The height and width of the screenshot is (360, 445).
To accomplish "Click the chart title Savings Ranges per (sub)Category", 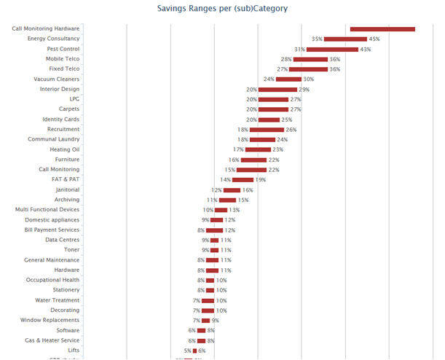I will point(222,9).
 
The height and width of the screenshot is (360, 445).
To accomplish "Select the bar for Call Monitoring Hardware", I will point(382,29).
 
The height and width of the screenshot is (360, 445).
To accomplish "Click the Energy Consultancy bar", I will point(345,39).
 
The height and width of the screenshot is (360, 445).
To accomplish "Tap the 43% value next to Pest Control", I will point(366,49).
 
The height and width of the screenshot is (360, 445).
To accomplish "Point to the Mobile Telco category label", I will point(63,59).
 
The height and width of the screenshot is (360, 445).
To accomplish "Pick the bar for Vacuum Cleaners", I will point(288,79).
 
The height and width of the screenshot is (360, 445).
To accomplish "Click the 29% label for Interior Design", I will point(304,89).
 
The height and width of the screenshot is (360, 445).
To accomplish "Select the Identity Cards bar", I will point(269,120).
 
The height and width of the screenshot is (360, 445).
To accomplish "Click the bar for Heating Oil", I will point(258,149).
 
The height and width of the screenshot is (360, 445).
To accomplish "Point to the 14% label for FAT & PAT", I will point(226,179).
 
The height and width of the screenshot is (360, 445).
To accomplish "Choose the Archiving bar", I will point(228,200).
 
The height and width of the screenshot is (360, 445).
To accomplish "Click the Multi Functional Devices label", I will point(47,209).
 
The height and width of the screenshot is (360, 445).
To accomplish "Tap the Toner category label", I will point(72,249).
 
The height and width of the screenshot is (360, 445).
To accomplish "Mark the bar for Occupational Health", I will point(210,280).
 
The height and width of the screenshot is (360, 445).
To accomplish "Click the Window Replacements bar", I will point(206,320).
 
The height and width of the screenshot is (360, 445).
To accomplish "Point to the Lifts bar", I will point(194,351).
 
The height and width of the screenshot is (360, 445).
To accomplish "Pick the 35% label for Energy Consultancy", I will point(317,39).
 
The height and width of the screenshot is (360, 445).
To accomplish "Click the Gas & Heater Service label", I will point(52,340).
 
